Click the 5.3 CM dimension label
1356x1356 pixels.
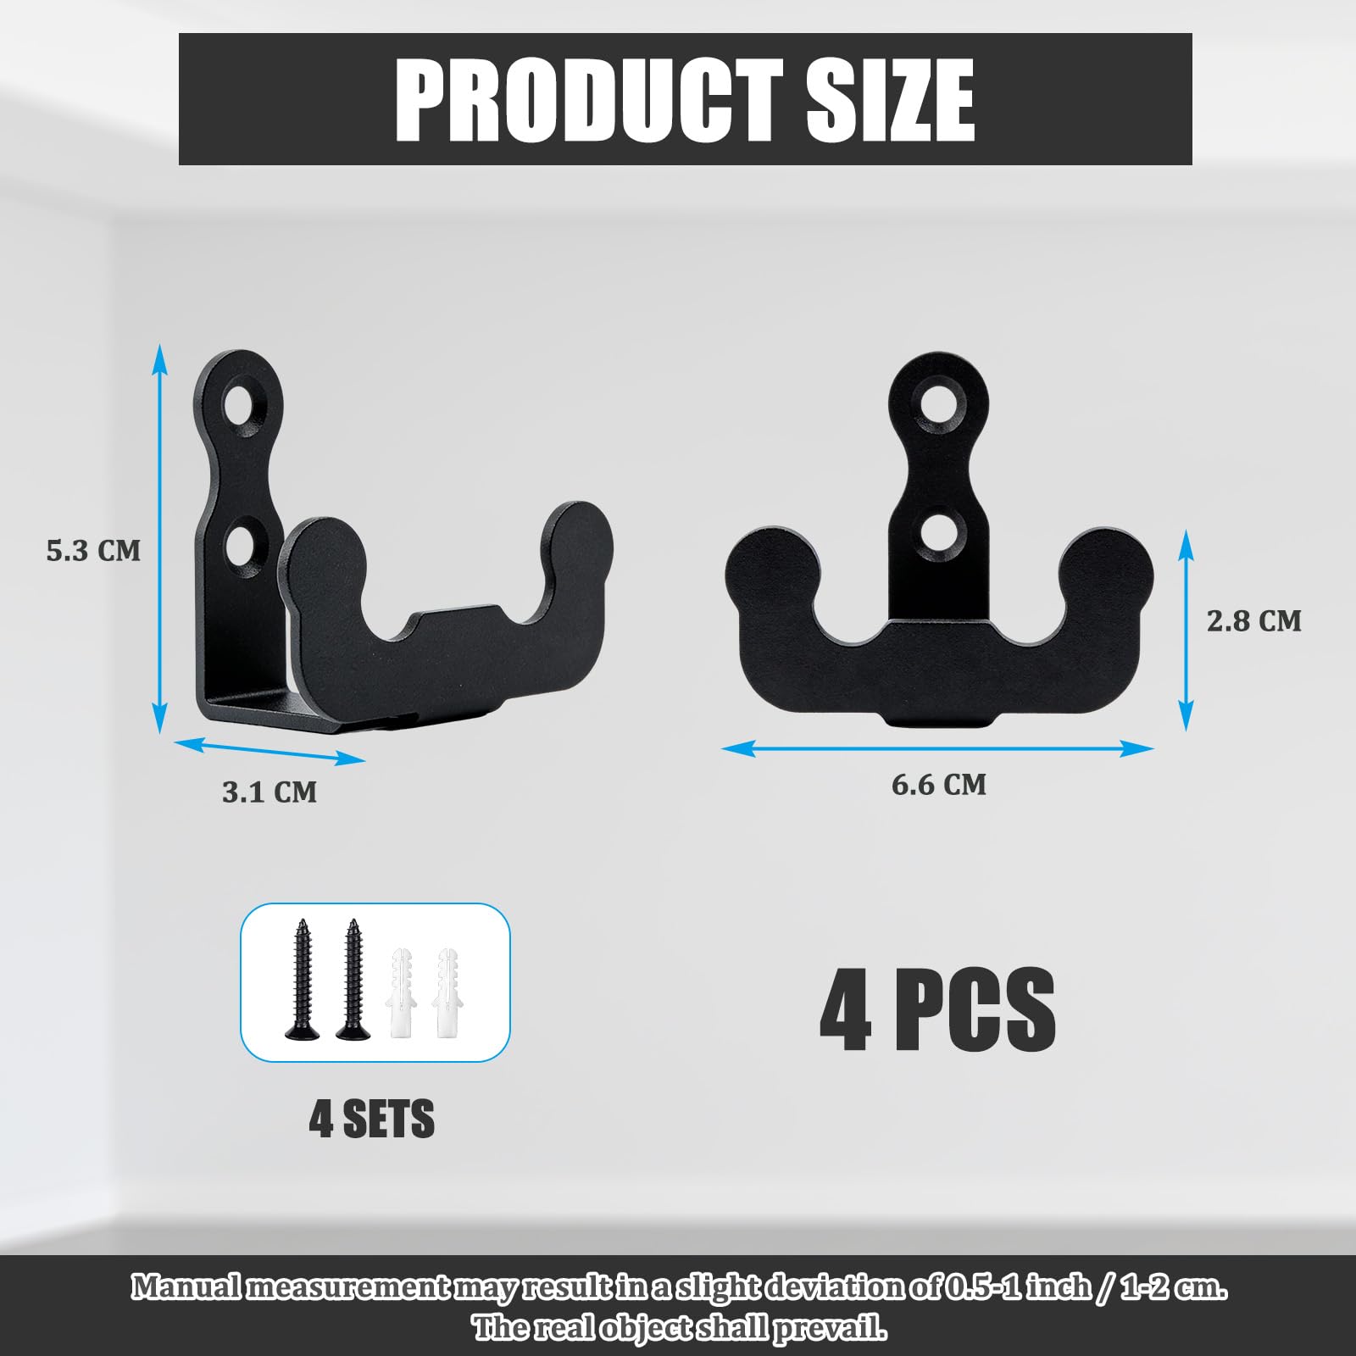click(93, 551)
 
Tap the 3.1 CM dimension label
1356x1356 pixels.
click(270, 792)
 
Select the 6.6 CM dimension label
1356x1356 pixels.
click(939, 785)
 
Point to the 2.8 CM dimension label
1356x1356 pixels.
click(1254, 621)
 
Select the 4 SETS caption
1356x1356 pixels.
click(372, 1119)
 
